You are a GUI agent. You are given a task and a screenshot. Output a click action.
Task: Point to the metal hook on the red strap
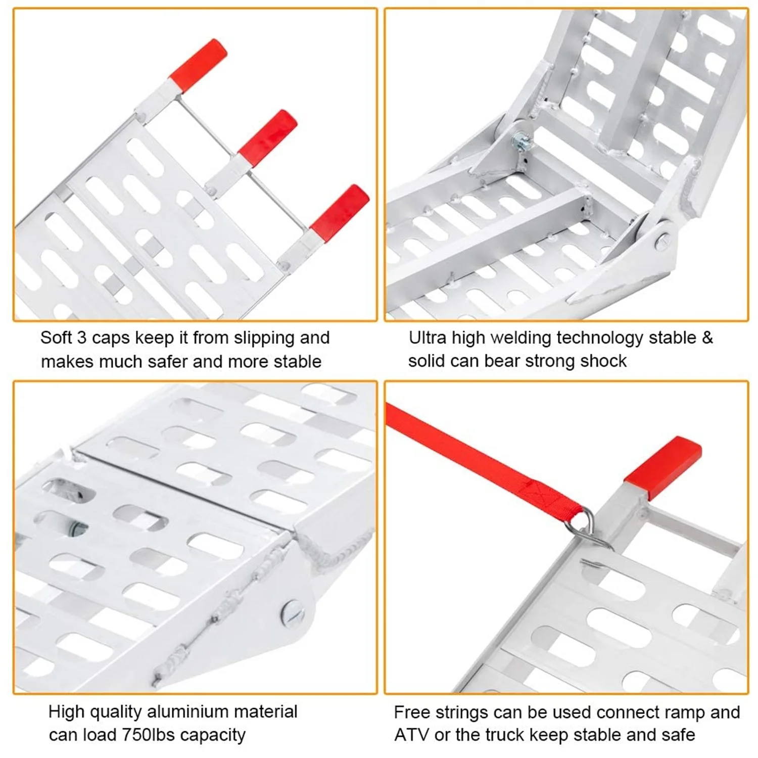click(x=589, y=531)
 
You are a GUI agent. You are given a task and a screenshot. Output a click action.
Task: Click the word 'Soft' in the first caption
click(x=57, y=337)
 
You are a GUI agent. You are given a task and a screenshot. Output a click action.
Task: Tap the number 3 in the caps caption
click(x=82, y=337)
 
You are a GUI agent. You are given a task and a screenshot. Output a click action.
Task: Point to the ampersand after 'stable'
click(x=707, y=337)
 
